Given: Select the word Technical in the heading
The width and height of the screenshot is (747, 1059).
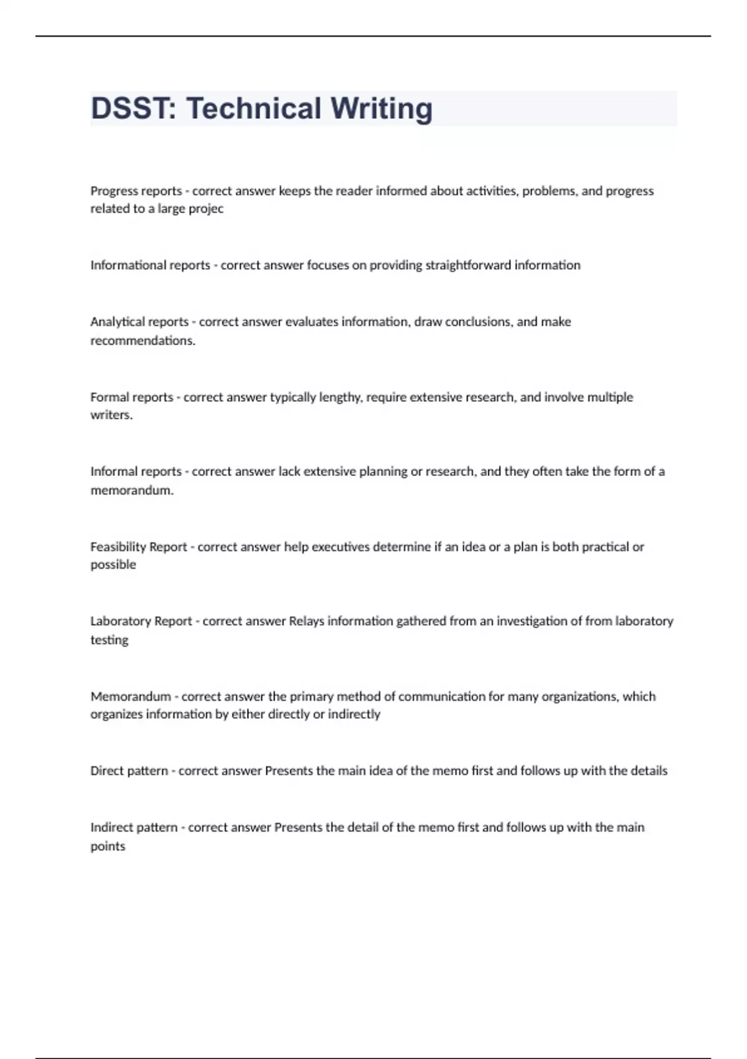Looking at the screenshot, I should [253, 108].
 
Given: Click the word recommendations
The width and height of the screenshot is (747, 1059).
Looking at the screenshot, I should [143, 341].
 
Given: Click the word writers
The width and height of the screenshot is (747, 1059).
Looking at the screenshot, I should [111, 415].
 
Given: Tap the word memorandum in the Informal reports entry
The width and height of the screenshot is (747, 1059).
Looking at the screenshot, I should [132, 490].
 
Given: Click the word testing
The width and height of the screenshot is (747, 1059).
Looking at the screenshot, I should [110, 640].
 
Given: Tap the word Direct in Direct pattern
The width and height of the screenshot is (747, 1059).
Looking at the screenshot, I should [107, 771].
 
